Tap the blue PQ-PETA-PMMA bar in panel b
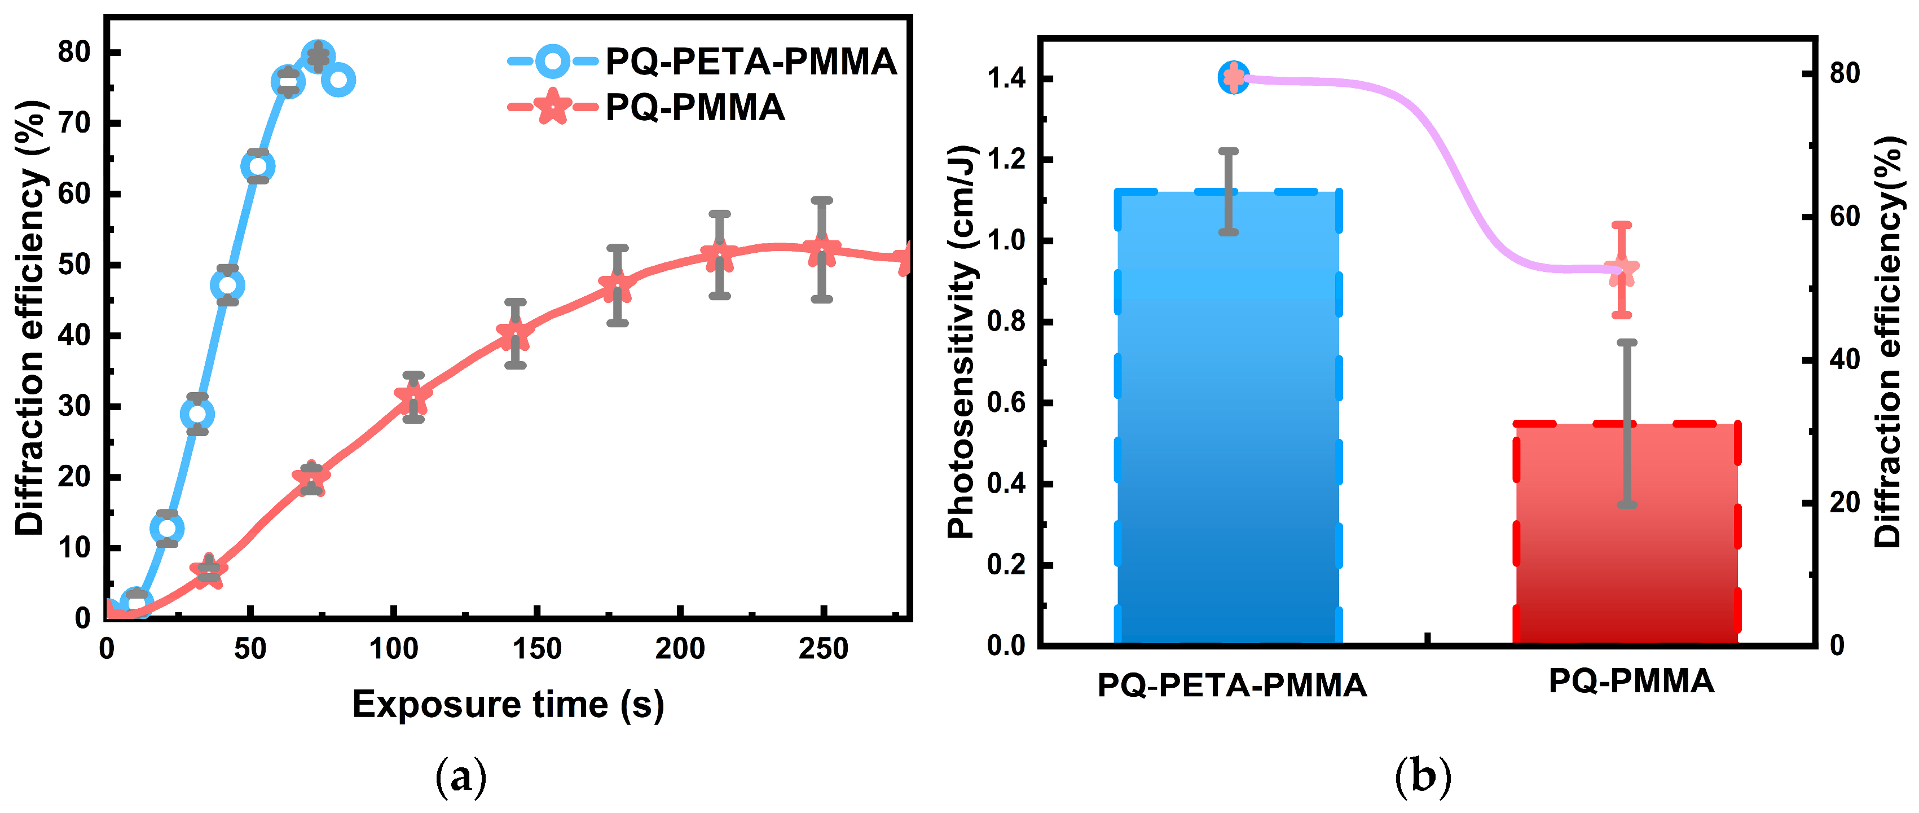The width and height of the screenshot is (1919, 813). (1227, 447)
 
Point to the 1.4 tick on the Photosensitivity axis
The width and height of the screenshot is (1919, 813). (1006, 77)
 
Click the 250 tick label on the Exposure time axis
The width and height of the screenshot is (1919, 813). (822, 649)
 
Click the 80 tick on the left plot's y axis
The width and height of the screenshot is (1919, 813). (74, 52)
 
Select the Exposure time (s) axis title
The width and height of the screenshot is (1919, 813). (508, 704)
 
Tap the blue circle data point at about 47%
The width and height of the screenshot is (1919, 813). (227, 285)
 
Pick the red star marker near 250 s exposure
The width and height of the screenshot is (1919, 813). (822, 251)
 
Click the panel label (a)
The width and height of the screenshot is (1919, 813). (461, 777)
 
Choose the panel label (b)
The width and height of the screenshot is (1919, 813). (1422, 777)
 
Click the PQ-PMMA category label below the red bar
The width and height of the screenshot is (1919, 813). (1631, 681)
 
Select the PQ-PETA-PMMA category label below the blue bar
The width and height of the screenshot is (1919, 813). (1231, 685)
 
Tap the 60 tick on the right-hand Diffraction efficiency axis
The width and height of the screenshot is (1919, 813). (1844, 217)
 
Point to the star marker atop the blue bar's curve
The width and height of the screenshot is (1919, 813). (1234, 77)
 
